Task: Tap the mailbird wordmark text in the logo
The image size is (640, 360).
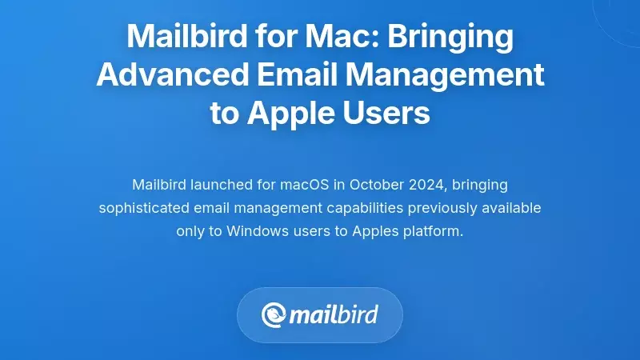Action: tap(334, 314)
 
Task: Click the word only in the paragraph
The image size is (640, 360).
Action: tap(190, 230)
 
